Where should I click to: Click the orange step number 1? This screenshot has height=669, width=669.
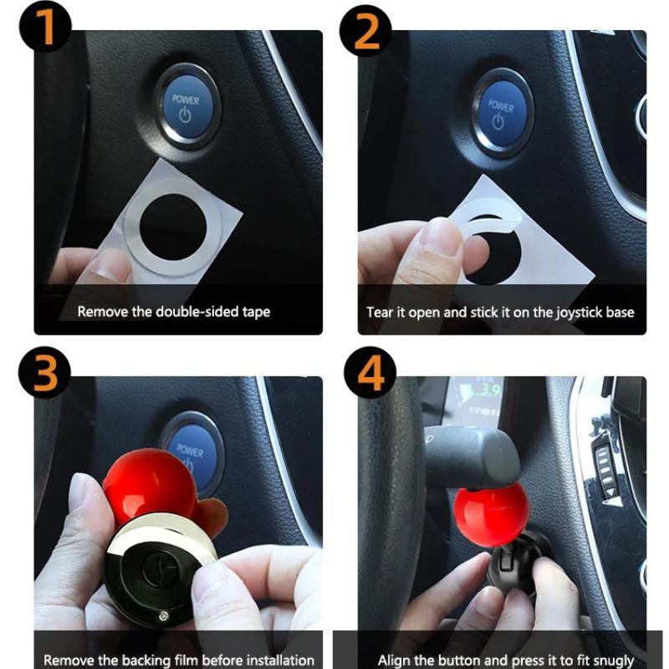(x=45, y=27)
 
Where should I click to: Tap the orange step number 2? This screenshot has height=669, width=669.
(x=366, y=32)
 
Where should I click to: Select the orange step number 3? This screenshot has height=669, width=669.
(x=45, y=373)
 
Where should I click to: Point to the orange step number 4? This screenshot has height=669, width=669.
(x=370, y=373)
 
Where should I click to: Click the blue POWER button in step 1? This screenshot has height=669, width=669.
(x=187, y=107)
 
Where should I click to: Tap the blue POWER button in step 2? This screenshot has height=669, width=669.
(x=502, y=113)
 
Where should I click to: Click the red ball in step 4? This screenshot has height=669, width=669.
(x=492, y=514)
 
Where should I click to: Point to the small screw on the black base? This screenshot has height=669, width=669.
(x=163, y=615)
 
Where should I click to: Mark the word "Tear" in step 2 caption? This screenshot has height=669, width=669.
(x=379, y=312)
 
